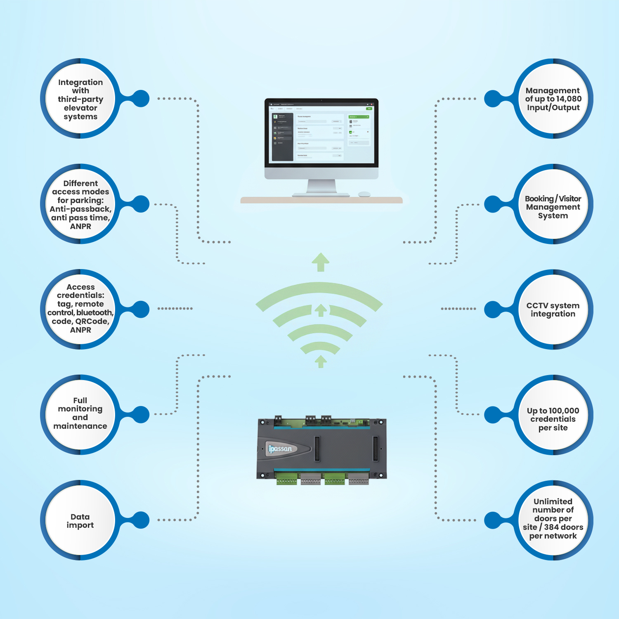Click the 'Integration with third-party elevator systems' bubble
80,99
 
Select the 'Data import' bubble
80,520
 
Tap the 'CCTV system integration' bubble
553,309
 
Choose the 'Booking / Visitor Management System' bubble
553,207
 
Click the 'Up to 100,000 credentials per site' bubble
553,419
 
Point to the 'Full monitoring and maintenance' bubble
80,413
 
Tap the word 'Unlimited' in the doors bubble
553,501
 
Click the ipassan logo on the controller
281,449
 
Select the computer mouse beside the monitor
364,194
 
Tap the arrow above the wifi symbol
321,262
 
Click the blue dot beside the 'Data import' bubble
141,520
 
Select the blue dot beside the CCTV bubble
493,309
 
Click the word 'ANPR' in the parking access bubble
80,226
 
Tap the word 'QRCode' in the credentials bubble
92,321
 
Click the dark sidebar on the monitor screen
283,137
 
